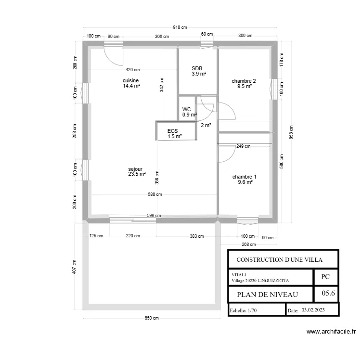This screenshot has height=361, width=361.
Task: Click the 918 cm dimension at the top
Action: (180, 27)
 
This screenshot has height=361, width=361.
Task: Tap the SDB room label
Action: (197, 68)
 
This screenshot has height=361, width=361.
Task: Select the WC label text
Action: (186, 109)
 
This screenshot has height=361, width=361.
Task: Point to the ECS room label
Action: (172, 131)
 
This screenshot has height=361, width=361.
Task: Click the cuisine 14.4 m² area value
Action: (131, 86)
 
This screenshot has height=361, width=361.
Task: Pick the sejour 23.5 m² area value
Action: (137, 174)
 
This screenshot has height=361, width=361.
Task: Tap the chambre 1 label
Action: (244, 177)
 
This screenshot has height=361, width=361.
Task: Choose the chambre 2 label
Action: (244, 81)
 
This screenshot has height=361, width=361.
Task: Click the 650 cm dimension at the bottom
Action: (152, 318)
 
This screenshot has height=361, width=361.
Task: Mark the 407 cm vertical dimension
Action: (74, 267)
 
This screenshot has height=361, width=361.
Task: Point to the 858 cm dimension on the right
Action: (291, 132)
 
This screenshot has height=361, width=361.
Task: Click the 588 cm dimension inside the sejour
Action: (155, 194)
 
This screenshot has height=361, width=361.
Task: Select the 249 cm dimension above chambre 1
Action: (244, 146)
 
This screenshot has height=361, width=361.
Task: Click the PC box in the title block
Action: (325, 277)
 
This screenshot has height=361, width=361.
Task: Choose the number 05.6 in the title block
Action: (328, 293)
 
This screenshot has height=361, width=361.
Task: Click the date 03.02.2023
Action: (313, 309)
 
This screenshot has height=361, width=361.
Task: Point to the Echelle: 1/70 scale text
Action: (243, 310)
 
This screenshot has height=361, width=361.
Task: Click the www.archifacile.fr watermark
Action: (331, 332)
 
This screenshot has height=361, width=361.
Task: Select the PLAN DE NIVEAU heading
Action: (268, 295)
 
